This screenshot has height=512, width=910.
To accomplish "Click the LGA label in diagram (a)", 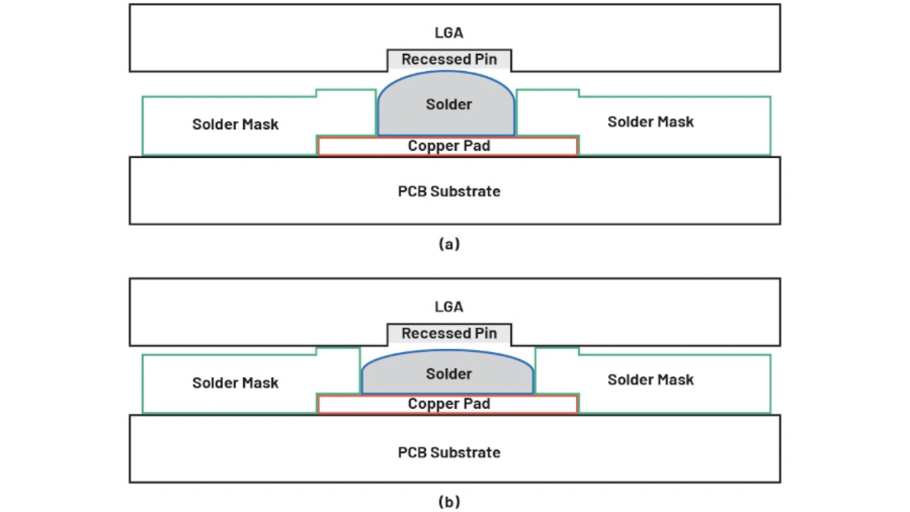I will pyautogui.click(x=449, y=33).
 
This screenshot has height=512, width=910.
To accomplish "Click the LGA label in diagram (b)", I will pyautogui.click(x=449, y=306).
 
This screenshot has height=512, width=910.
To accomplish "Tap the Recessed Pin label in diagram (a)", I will pyautogui.click(x=449, y=60).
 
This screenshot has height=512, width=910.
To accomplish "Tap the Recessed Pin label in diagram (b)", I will pyautogui.click(x=449, y=334).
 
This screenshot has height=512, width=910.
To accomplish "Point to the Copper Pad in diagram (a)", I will pyautogui.click(x=448, y=146).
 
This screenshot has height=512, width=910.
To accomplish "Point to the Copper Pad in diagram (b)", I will pyautogui.click(x=448, y=404).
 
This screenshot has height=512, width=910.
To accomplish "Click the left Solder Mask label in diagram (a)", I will pyautogui.click(x=235, y=124).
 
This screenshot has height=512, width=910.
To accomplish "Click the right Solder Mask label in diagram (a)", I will pyautogui.click(x=651, y=122).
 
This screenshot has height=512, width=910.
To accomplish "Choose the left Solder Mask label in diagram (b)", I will pyautogui.click(x=235, y=383).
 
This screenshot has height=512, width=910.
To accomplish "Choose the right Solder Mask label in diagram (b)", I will pyautogui.click(x=651, y=380).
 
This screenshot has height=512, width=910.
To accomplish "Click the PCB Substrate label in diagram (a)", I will pyautogui.click(x=449, y=191).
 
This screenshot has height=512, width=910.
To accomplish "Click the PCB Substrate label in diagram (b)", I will pyautogui.click(x=449, y=452).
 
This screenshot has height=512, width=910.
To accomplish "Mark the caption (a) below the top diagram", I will pyautogui.click(x=449, y=244).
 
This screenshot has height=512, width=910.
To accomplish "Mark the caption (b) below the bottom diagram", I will pyautogui.click(x=449, y=502).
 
